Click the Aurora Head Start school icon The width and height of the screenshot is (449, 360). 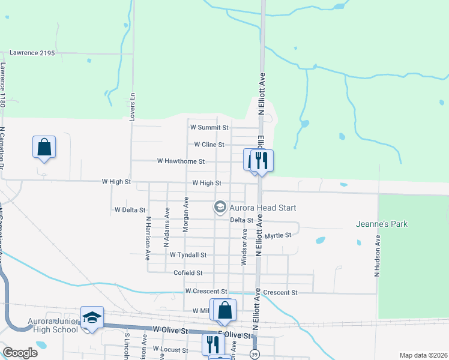[220, 208]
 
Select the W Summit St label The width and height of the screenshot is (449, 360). [209, 127]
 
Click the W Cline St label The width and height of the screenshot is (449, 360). [209, 145]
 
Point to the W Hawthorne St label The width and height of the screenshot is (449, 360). [181, 161]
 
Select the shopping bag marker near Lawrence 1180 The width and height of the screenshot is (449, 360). [44, 146]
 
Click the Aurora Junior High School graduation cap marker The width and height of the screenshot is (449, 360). [92, 317]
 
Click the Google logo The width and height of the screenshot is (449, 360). [20, 353]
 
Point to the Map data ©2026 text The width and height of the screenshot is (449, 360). [423, 355]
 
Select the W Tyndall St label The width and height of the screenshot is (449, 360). [188, 255]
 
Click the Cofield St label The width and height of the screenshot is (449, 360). [188, 273]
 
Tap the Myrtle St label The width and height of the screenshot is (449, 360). [278, 235]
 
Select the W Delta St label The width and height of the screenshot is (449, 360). [130, 210]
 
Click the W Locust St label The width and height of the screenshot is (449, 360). [170, 349]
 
